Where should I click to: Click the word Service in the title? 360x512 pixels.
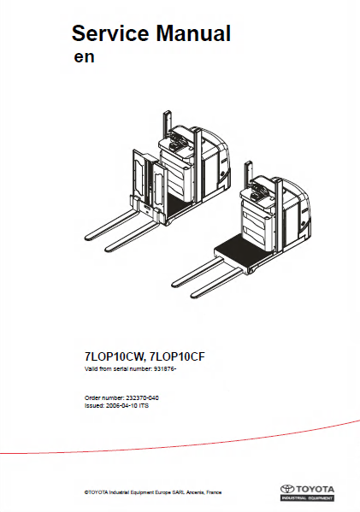click(x=111, y=33)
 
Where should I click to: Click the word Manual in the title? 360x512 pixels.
click(x=193, y=33)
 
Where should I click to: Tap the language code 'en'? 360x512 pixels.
click(x=85, y=57)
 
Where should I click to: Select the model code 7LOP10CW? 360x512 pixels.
click(x=114, y=357)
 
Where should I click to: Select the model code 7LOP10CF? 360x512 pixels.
click(x=177, y=357)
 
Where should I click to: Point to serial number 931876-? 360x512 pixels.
click(x=165, y=369)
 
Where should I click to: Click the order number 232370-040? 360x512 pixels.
click(x=143, y=398)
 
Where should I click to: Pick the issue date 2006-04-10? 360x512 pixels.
click(x=121, y=406)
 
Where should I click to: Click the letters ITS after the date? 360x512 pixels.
click(x=144, y=406)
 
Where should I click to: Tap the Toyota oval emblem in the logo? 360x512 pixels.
click(x=287, y=489)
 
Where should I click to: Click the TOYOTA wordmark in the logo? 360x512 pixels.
click(x=315, y=489)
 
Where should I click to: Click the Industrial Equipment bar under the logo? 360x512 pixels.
click(x=307, y=498)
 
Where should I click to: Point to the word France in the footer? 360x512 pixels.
click(x=214, y=492)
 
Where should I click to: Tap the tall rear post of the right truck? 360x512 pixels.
click(x=248, y=173)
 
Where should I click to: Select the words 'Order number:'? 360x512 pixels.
click(x=104, y=398)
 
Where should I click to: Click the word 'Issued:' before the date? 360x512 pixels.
click(x=94, y=406)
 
